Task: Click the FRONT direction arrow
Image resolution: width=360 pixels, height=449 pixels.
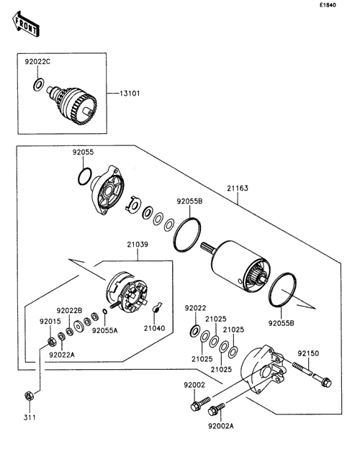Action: point(26,25)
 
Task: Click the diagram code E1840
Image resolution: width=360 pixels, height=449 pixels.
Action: point(328,5)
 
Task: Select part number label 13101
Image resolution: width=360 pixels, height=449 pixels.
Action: point(130,94)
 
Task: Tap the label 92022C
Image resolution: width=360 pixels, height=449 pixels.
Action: point(37,62)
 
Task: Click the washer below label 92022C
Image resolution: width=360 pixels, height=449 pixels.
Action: point(38,84)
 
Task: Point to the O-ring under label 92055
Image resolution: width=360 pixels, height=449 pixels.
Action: point(85,176)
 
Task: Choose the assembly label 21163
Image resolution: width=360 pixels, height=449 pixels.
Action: point(238,188)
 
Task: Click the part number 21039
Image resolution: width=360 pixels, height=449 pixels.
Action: point(138,245)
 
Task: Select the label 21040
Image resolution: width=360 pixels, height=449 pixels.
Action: point(155,328)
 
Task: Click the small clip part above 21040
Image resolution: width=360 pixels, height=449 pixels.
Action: point(156,307)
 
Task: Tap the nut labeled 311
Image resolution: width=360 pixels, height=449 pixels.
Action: point(29,396)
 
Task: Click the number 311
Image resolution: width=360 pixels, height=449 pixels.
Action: point(30,417)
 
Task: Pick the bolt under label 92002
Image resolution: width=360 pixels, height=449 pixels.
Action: point(200,403)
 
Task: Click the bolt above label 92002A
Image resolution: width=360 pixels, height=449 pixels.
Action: point(217,409)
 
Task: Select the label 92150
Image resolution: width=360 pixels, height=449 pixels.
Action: point(308,353)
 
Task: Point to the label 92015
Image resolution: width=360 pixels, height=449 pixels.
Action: point(50,322)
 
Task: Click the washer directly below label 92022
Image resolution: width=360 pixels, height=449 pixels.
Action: point(195,331)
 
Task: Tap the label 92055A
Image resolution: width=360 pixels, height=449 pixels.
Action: point(105,331)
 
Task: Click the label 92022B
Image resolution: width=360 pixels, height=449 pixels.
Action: point(69,311)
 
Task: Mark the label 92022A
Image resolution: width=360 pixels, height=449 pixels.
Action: point(62,355)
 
